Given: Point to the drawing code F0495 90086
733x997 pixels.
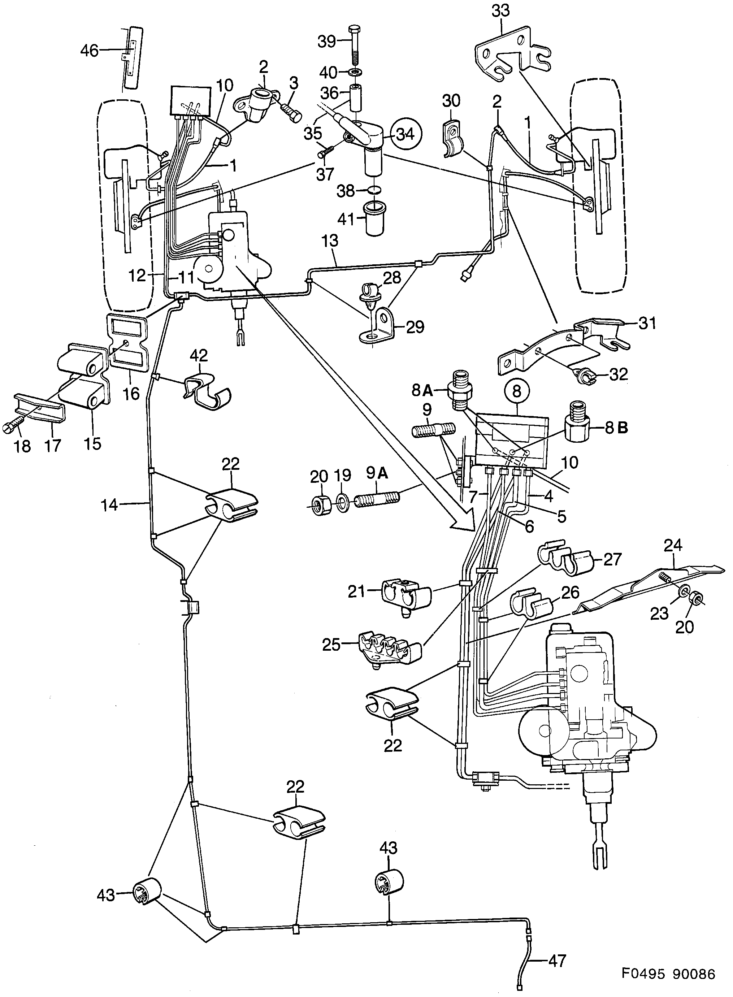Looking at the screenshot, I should [x=668, y=974].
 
